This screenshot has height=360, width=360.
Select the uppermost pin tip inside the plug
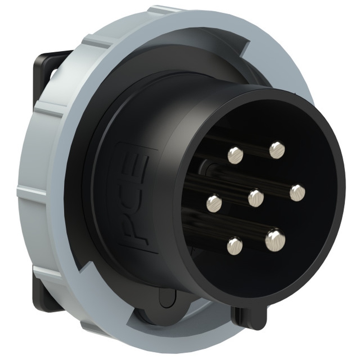pos(277,150)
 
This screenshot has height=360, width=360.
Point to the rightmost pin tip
pos(297,193)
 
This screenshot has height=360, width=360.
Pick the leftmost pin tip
pos(214,203)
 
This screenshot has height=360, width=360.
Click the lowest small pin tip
pos(235,246)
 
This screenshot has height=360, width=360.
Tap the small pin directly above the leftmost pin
pos(235,155)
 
